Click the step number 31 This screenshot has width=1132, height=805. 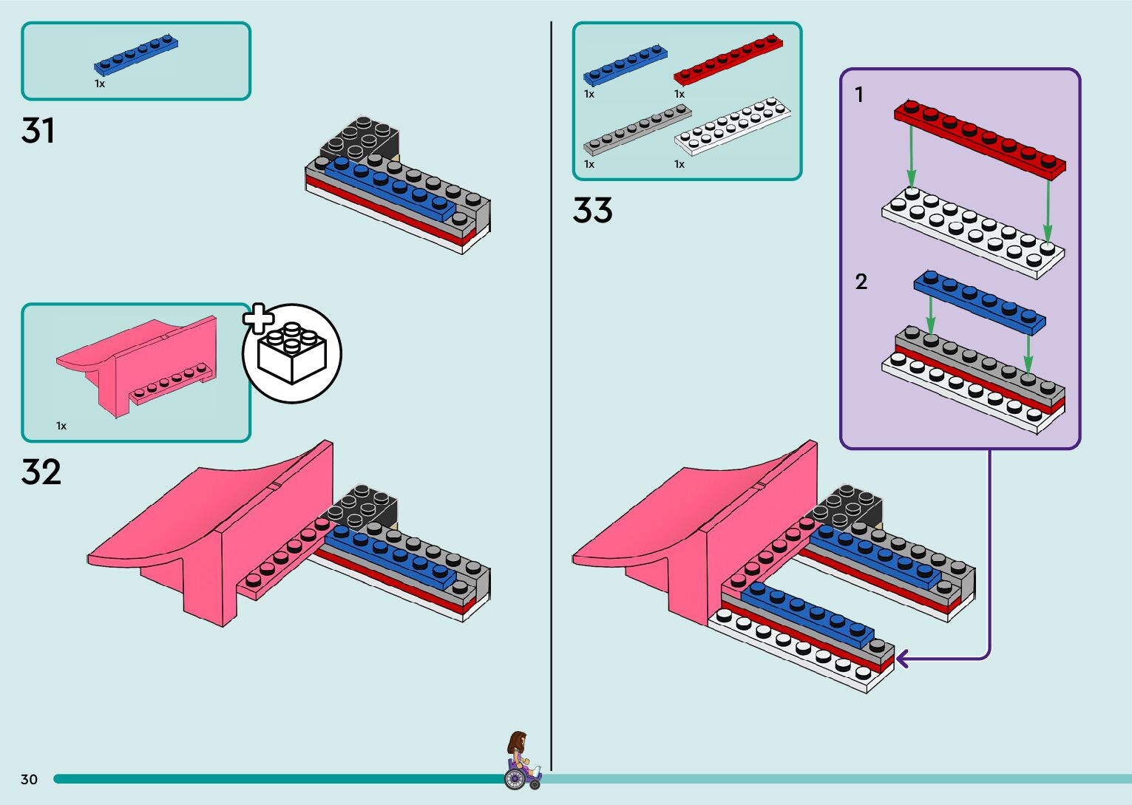tap(38, 131)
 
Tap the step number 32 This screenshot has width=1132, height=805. tap(41, 472)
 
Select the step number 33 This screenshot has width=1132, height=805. tap(592, 211)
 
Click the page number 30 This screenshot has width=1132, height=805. tap(29, 779)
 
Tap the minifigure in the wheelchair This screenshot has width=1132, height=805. tap(521, 761)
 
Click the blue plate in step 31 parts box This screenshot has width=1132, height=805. tap(136, 55)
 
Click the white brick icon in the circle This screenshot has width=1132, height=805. tap(292, 355)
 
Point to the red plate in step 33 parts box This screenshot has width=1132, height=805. tap(728, 58)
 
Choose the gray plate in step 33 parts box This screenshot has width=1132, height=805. tap(637, 129)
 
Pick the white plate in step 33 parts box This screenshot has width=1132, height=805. tap(732, 125)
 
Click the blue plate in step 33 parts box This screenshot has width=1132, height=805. tap(625, 64)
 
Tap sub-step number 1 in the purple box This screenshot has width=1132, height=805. tap(859, 95)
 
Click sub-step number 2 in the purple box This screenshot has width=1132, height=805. tap(861, 282)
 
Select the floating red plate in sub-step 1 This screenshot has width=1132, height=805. tap(980, 137)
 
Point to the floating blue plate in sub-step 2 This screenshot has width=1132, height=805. tap(980, 301)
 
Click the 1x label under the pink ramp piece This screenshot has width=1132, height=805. tap(61, 426)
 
